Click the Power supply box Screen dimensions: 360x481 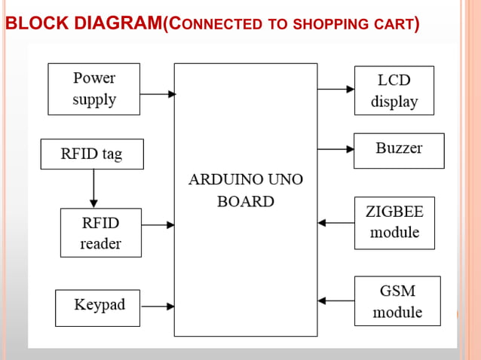click(x=93, y=89)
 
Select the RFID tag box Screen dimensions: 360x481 click(x=91, y=154)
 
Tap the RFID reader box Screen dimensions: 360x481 click(x=100, y=233)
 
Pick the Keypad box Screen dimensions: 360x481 click(x=97, y=307)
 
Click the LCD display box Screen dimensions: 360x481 click(x=394, y=90)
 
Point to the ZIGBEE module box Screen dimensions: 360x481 click(x=394, y=223)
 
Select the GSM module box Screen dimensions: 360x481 click(x=397, y=301)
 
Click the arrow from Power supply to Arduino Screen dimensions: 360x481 click(x=158, y=94)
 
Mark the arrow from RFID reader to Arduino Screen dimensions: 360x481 click(x=158, y=224)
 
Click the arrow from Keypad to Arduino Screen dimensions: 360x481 click(x=158, y=306)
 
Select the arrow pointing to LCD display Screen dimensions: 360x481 click(x=335, y=89)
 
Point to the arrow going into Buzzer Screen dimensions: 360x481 click(x=335, y=145)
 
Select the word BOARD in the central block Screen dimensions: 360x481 click(x=245, y=202)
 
